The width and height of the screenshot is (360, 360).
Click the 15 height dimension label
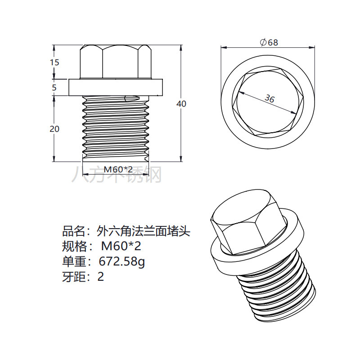(x=54, y=63)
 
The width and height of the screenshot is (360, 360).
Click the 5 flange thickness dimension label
(x=54, y=87)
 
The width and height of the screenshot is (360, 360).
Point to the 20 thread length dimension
(x=54, y=129)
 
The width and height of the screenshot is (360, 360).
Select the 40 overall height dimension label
(x=181, y=103)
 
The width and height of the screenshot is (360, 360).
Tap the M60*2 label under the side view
(x=118, y=169)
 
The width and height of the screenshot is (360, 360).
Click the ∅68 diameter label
(x=269, y=42)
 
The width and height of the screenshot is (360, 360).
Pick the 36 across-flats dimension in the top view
(x=269, y=99)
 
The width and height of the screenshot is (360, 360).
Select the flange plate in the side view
(x=115, y=87)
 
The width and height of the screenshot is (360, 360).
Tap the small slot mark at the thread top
(x=131, y=98)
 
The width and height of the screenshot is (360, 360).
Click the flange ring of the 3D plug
(x=225, y=256)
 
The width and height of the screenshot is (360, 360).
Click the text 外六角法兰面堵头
(x=144, y=231)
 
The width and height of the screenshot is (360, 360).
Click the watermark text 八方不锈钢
(x=117, y=175)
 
